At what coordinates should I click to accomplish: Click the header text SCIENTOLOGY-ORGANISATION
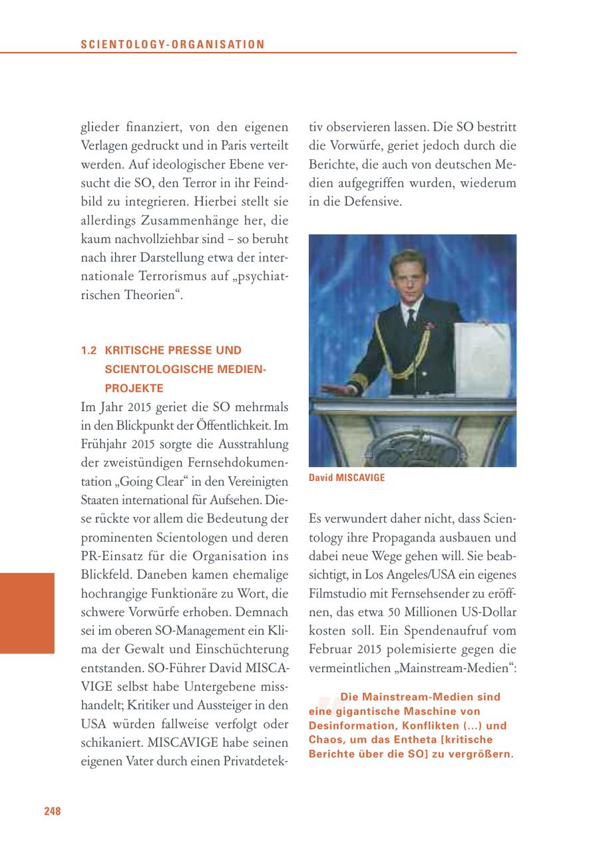click(172, 45)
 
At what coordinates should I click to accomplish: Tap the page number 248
click(53, 811)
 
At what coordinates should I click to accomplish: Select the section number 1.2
click(89, 350)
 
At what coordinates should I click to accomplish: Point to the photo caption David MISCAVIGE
click(347, 478)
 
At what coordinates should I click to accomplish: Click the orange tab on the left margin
click(27, 613)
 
